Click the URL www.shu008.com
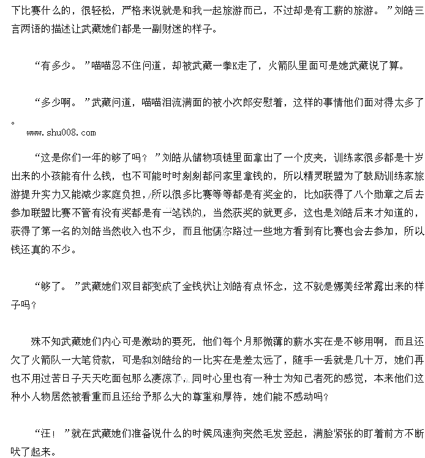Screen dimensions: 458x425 point(61,132)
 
